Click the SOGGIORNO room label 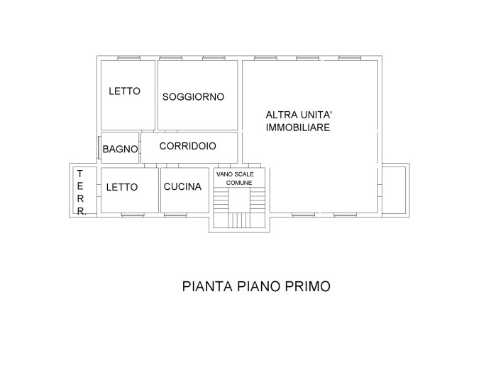(x=193, y=97)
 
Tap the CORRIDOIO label (x=187, y=146)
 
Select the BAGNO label (x=120, y=149)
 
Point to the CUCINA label (x=182, y=187)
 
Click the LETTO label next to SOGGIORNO (x=124, y=91)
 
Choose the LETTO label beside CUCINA (x=122, y=187)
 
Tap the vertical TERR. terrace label (x=81, y=192)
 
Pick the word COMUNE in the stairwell (x=239, y=183)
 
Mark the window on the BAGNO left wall (x=99, y=147)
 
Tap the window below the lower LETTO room (x=131, y=215)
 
